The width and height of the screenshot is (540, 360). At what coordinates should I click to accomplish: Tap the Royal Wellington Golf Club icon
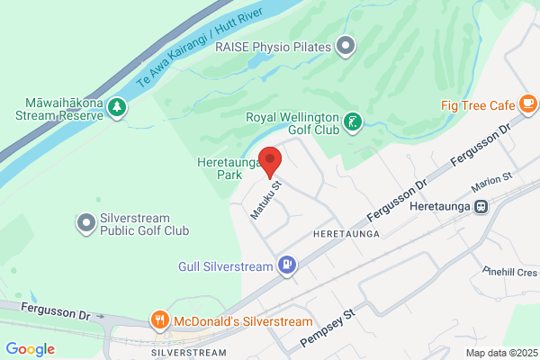click(x=355, y=120)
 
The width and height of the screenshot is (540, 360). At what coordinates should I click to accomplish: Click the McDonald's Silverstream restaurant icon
click(x=160, y=320)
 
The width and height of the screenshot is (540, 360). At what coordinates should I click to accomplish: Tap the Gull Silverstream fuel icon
click(x=286, y=265)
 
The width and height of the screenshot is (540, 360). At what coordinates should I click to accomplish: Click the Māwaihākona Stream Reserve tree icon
click(x=116, y=108)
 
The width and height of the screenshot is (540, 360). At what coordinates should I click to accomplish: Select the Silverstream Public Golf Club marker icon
click(x=86, y=221)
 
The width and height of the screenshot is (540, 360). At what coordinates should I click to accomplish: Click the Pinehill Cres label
click(x=508, y=271)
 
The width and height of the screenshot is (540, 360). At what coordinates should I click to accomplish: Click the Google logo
click(x=30, y=349)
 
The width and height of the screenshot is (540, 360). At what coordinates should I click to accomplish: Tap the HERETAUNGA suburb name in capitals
click(x=343, y=233)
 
